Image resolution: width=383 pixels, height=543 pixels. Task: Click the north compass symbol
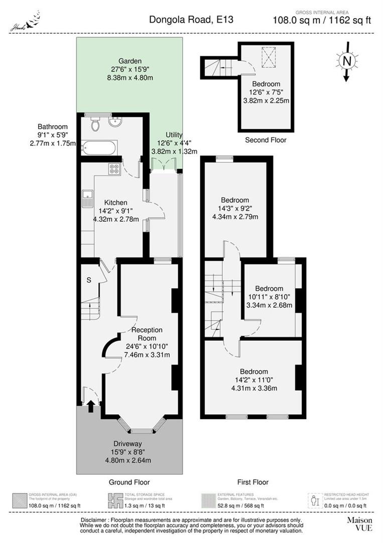[346, 61]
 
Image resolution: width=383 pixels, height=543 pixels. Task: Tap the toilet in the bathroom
[95, 124]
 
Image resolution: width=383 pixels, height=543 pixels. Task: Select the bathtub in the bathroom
[99, 148]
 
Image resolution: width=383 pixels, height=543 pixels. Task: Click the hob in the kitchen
[114, 169]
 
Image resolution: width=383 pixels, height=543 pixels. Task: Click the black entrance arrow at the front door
[91, 405]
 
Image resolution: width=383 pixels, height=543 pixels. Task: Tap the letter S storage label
[88, 280]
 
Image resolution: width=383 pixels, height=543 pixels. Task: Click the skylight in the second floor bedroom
[270, 56]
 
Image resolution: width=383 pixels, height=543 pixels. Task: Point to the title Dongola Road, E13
[191, 20]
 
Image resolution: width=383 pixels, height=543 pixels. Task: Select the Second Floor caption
[266, 140]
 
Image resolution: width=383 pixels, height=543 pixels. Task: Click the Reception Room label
[147, 334]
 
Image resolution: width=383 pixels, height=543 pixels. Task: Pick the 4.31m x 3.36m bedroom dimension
[254, 388]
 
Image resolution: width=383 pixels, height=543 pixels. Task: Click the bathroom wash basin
[116, 122]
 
